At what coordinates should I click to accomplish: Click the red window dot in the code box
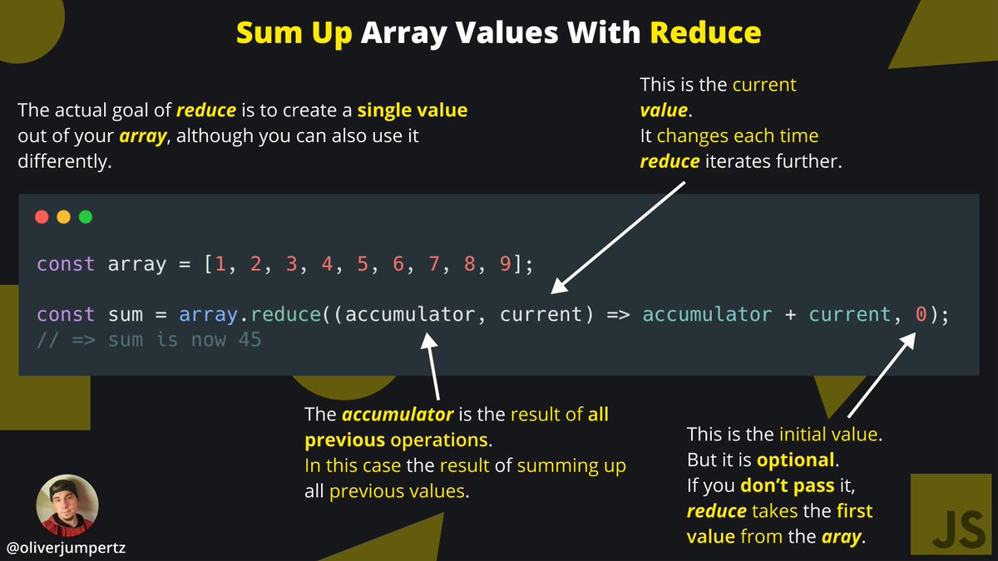[42, 218]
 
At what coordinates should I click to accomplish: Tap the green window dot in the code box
[85, 218]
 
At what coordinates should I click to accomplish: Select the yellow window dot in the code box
[63, 218]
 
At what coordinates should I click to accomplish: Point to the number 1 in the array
[220, 264]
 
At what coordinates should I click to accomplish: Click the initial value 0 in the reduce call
[921, 315]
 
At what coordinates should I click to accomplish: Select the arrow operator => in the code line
[618, 315]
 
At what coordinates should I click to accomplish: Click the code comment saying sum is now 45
[149, 340]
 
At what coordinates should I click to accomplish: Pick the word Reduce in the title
[705, 32]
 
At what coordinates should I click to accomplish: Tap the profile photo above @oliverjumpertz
[67, 504]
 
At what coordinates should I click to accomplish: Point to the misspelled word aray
[842, 537]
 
